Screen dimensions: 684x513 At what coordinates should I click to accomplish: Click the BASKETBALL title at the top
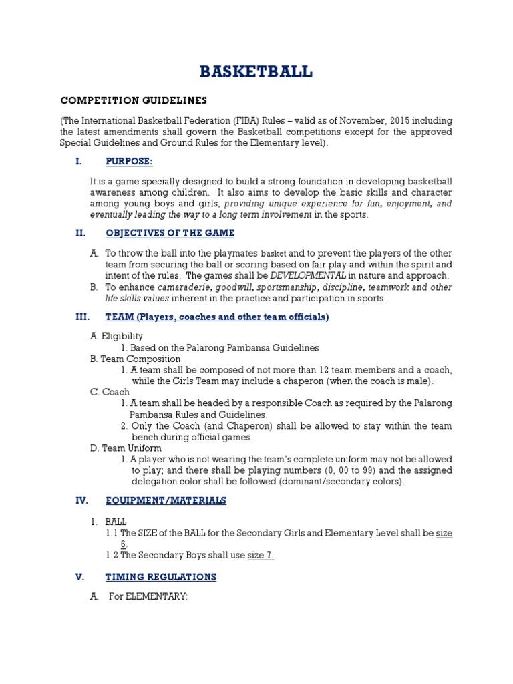[x=256, y=72]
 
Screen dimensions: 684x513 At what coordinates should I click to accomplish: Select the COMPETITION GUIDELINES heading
[x=134, y=100]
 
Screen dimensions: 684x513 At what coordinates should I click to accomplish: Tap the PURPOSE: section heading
[x=129, y=162]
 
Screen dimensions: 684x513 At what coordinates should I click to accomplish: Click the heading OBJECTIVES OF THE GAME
[x=170, y=233]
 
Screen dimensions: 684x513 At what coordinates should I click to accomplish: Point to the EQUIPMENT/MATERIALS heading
[x=166, y=500]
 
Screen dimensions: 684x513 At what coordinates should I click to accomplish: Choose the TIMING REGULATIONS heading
[x=160, y=577]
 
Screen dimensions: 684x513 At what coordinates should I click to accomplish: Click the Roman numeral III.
[x=82, y=317]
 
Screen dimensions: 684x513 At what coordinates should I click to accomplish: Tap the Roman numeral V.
[x=80, y=577]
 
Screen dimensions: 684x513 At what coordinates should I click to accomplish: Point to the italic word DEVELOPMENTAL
[x=308, y=275]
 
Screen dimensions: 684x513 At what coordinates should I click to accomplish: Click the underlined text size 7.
[x=261, y=556]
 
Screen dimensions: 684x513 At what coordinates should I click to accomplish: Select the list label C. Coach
[x=110, y=392]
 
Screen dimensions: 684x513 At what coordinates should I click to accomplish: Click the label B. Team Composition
[x=135, y=359]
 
